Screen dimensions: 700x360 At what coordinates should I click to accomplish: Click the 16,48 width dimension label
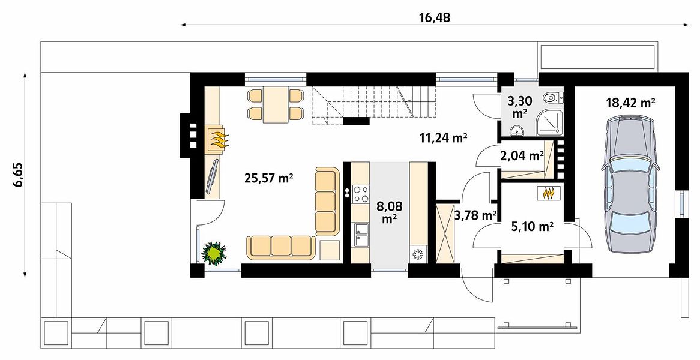coord(435,18)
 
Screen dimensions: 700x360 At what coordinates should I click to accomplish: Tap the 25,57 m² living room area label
coord(269,178)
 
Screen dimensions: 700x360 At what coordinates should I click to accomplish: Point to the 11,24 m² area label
coord(443,138)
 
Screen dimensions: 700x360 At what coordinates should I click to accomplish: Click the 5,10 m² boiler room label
coord(533,227)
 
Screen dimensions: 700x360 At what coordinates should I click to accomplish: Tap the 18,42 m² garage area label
coord(630,103)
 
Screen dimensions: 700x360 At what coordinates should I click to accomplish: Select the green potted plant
coord(214,253)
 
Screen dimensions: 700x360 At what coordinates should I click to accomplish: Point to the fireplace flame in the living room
coord(217,139)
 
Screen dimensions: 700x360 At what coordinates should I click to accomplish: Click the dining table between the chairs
coord(276,104)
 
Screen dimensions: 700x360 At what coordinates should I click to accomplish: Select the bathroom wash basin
coord(518,130)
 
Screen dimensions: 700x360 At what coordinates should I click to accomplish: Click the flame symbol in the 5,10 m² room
coord(549,193)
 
